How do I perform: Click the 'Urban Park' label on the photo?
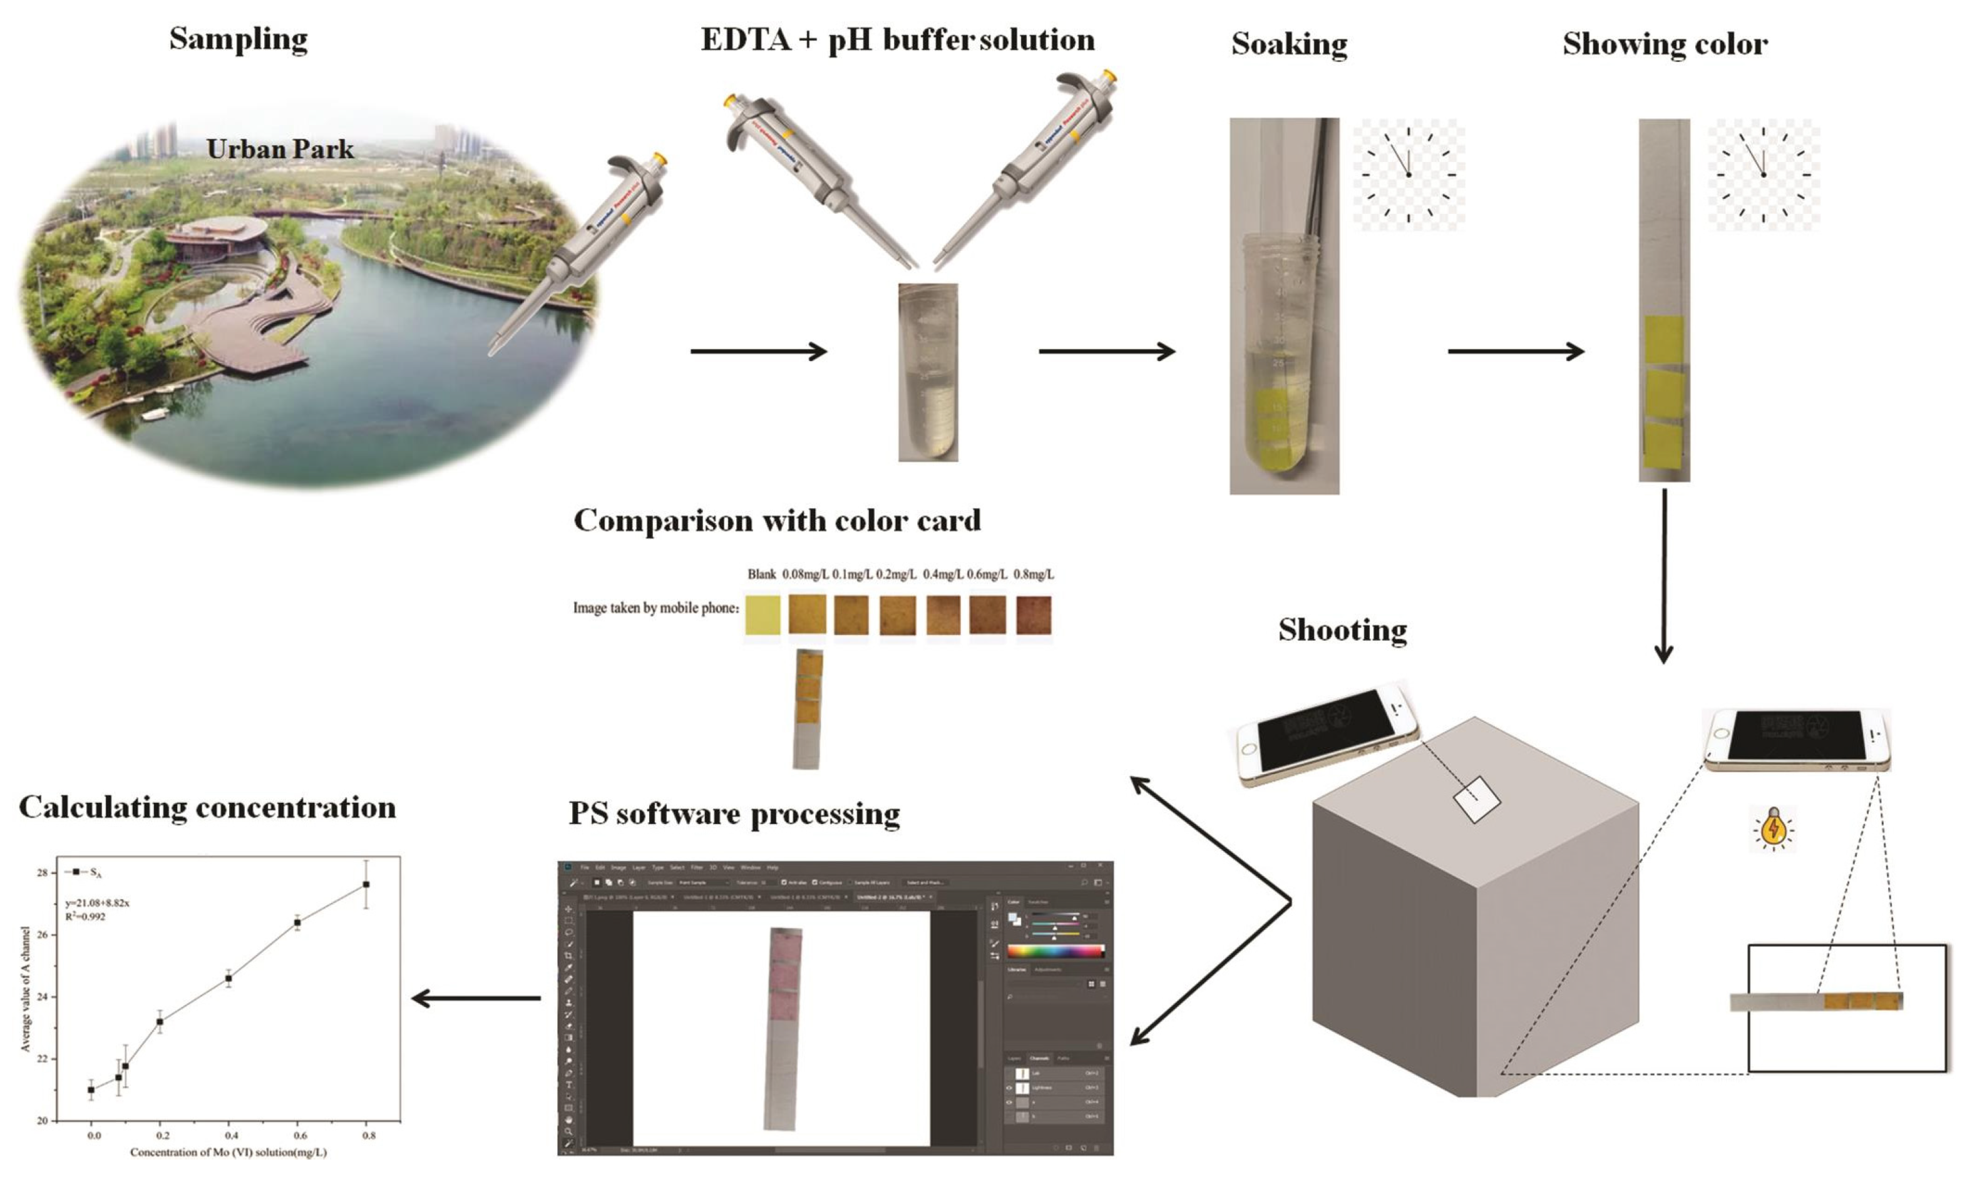[280, 149]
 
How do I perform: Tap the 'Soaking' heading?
[1289, 44]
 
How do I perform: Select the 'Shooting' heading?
[1342, 629]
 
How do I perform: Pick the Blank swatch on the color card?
[763, 614]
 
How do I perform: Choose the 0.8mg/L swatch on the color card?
[1034, 614]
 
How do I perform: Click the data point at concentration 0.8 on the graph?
[366, 884]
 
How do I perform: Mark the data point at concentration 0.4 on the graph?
[229, 979]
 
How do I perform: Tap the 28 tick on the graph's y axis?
[42, 872]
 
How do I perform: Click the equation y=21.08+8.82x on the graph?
[98, 902]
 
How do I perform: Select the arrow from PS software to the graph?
[476, 999]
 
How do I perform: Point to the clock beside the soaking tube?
[1409, 175]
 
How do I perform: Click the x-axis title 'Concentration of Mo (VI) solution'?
[229, 1151]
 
